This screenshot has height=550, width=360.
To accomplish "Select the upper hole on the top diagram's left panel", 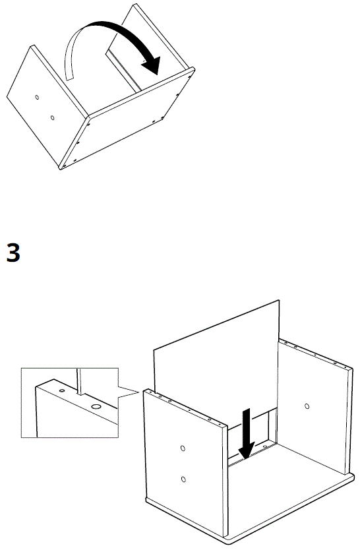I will click(x=37, y=98).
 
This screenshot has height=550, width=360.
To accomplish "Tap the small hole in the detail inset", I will click(x=61, y=391).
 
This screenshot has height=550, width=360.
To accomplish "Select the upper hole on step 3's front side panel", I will click(x=183, y=448).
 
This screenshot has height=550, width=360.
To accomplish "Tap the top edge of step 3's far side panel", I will click(x=314, y=353).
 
